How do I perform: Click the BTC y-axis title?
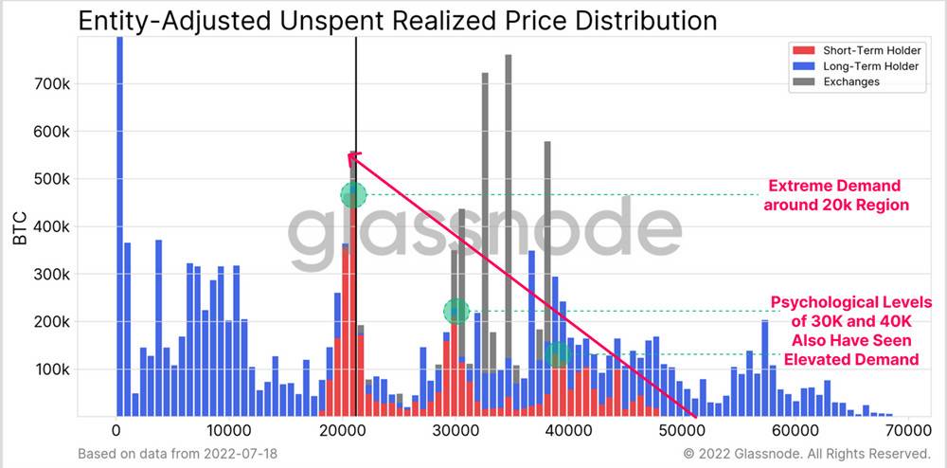(20, 227)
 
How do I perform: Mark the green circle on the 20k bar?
(353, 195)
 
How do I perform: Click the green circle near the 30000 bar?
(456, 310)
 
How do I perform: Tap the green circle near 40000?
(558, 354)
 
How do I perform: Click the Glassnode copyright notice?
(806, 454)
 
